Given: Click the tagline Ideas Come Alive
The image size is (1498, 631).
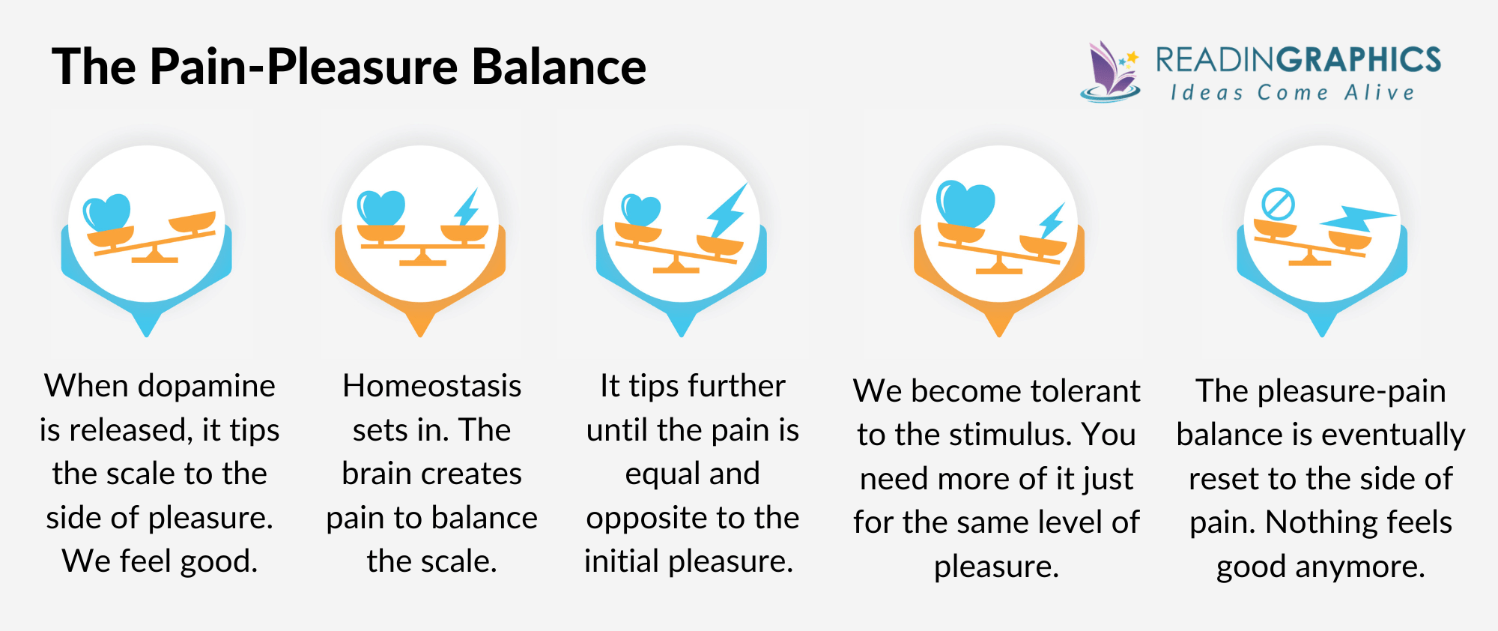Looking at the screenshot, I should pyautogui.click(x=1292, y=93).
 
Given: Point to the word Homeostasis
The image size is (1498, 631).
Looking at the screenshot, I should pyautogui.click(x=431, y=387).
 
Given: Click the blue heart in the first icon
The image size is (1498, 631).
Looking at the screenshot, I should pyautogui.click(x=107, y=212).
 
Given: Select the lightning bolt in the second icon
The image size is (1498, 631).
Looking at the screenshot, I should pyautogui.click(x=467, y=208).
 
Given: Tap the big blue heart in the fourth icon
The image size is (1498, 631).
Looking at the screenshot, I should pyautogui.click(x=965, y=203).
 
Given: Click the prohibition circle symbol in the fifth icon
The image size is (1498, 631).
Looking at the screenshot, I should pyautogui.click(x=1278, y=204).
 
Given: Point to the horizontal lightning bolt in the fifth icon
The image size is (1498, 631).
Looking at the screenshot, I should pyautogui.click(x=1357, y=219).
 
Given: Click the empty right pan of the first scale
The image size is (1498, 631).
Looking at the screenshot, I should pyautogui.click(x=192, y=223).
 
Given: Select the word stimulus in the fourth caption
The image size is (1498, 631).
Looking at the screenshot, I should pyautogui.click(x=1011, y=435).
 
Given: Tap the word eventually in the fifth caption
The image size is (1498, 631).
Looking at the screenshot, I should pyautogui.click(x=1395, y=435).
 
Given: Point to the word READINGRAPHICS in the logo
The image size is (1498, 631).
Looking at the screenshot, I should pyautogui.click(x=1297, y=60).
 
